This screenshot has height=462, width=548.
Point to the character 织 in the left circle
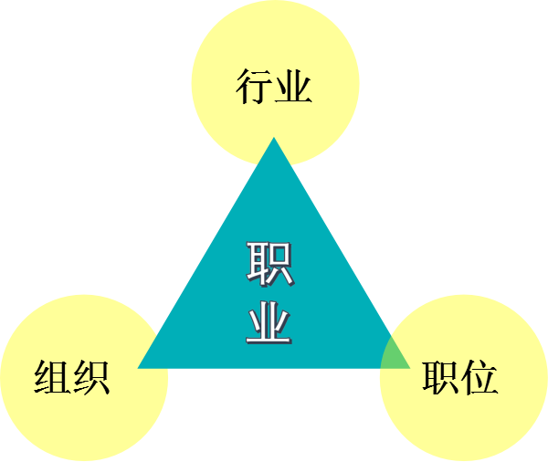coord(91,377)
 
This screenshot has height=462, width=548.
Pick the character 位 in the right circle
coord(480,377)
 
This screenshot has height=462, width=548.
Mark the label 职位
coord(460,377)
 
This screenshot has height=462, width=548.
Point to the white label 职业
coord(269,293)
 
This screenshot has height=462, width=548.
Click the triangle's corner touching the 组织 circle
coord(142,366)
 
